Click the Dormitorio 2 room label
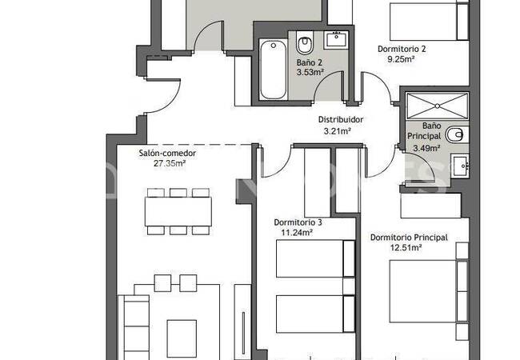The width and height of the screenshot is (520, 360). tap(402, 49)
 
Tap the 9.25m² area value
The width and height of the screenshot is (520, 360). tap(402, 59)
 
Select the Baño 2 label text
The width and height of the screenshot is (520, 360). tap(309, 62)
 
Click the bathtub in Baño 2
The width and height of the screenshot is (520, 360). tap(273, 70)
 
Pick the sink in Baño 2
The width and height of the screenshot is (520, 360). tap(336, 40)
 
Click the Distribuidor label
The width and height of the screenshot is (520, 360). tap(341, 119)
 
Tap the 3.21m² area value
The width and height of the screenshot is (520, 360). tap(338, 131)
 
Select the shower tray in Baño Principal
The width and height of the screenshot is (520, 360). tap(438, 106)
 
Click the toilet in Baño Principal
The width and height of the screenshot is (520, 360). tap(457, 134)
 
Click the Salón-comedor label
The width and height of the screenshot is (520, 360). tap(167, 153)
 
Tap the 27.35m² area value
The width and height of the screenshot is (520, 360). tap(170, 163)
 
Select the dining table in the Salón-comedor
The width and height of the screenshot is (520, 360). tap(178, 212)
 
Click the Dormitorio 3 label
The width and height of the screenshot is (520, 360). tap(298, 222)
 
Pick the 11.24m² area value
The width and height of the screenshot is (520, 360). tap(297, 233)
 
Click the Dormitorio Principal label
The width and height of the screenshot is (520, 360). tap(409, 238)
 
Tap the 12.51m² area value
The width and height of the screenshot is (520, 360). tap(406, 248)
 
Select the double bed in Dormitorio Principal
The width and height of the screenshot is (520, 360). tap(429, 291)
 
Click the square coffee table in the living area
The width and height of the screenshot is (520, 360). tap(182, 338)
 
